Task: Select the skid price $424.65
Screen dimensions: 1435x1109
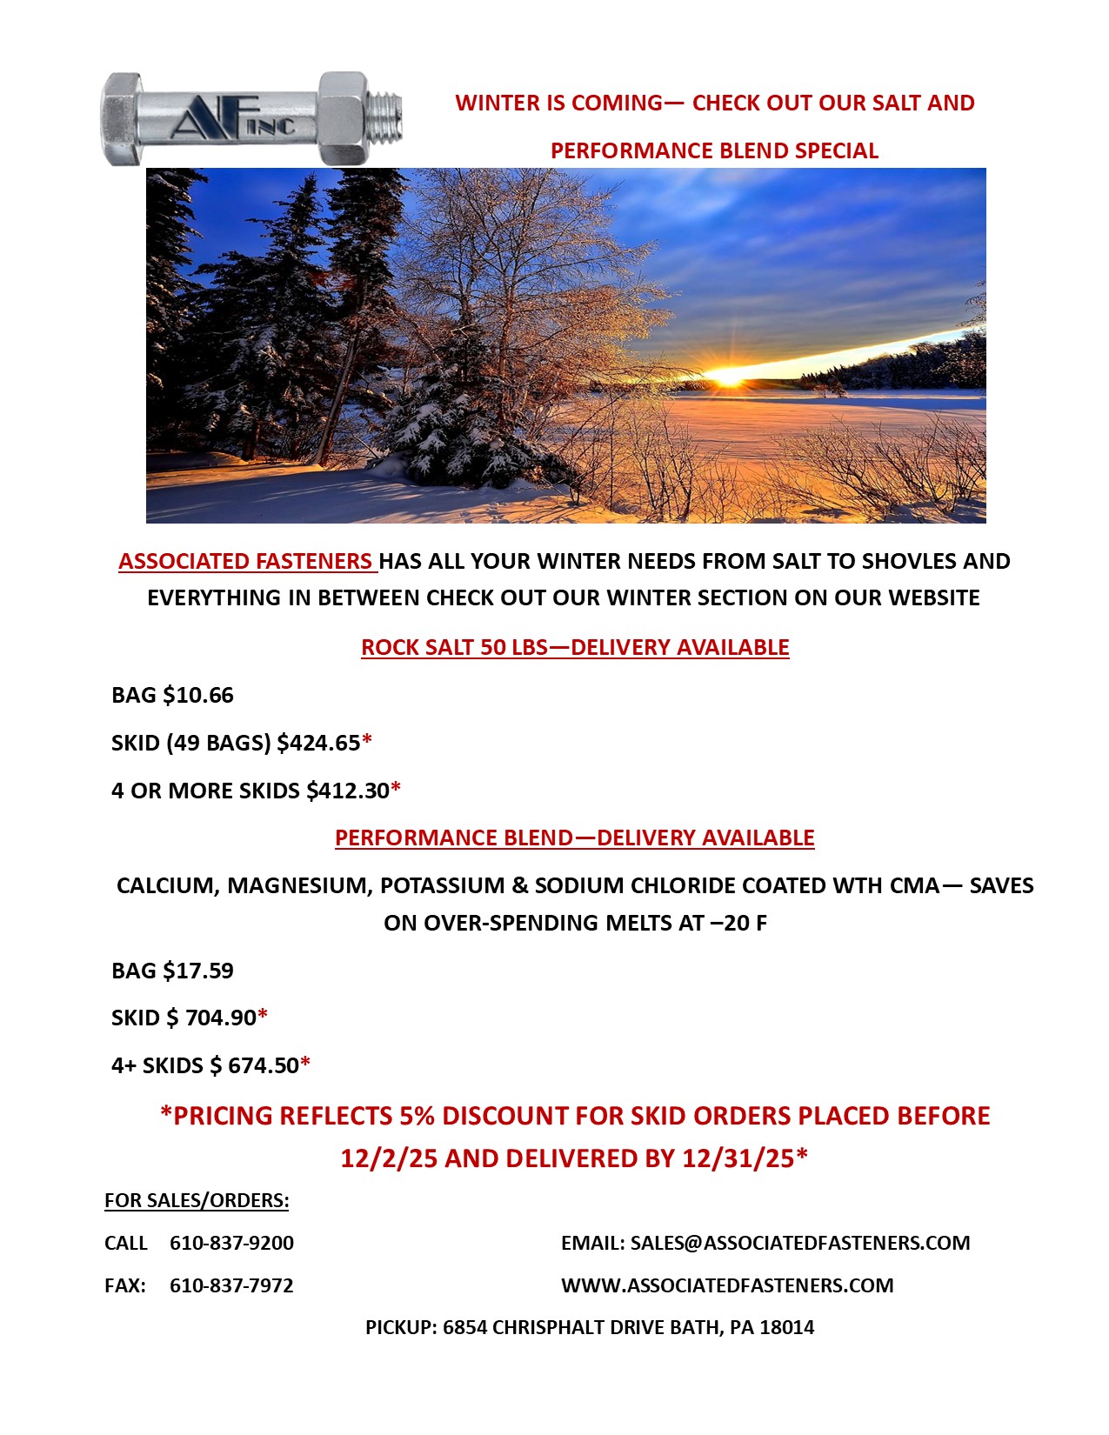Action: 318,744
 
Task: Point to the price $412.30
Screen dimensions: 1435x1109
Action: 348,791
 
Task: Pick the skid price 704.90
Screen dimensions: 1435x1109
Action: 221,1018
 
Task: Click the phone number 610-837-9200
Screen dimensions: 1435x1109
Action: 231,1244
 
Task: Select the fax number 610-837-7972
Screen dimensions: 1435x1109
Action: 231,1286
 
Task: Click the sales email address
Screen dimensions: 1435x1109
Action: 800,1244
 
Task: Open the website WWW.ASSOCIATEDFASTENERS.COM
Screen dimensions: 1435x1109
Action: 727,1286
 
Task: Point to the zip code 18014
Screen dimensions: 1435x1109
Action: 787,1328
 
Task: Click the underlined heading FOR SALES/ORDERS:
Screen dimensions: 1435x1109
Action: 197,1201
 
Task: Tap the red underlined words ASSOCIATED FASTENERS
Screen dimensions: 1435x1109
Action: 246,562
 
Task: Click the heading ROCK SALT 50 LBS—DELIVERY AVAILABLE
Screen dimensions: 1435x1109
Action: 575,648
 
